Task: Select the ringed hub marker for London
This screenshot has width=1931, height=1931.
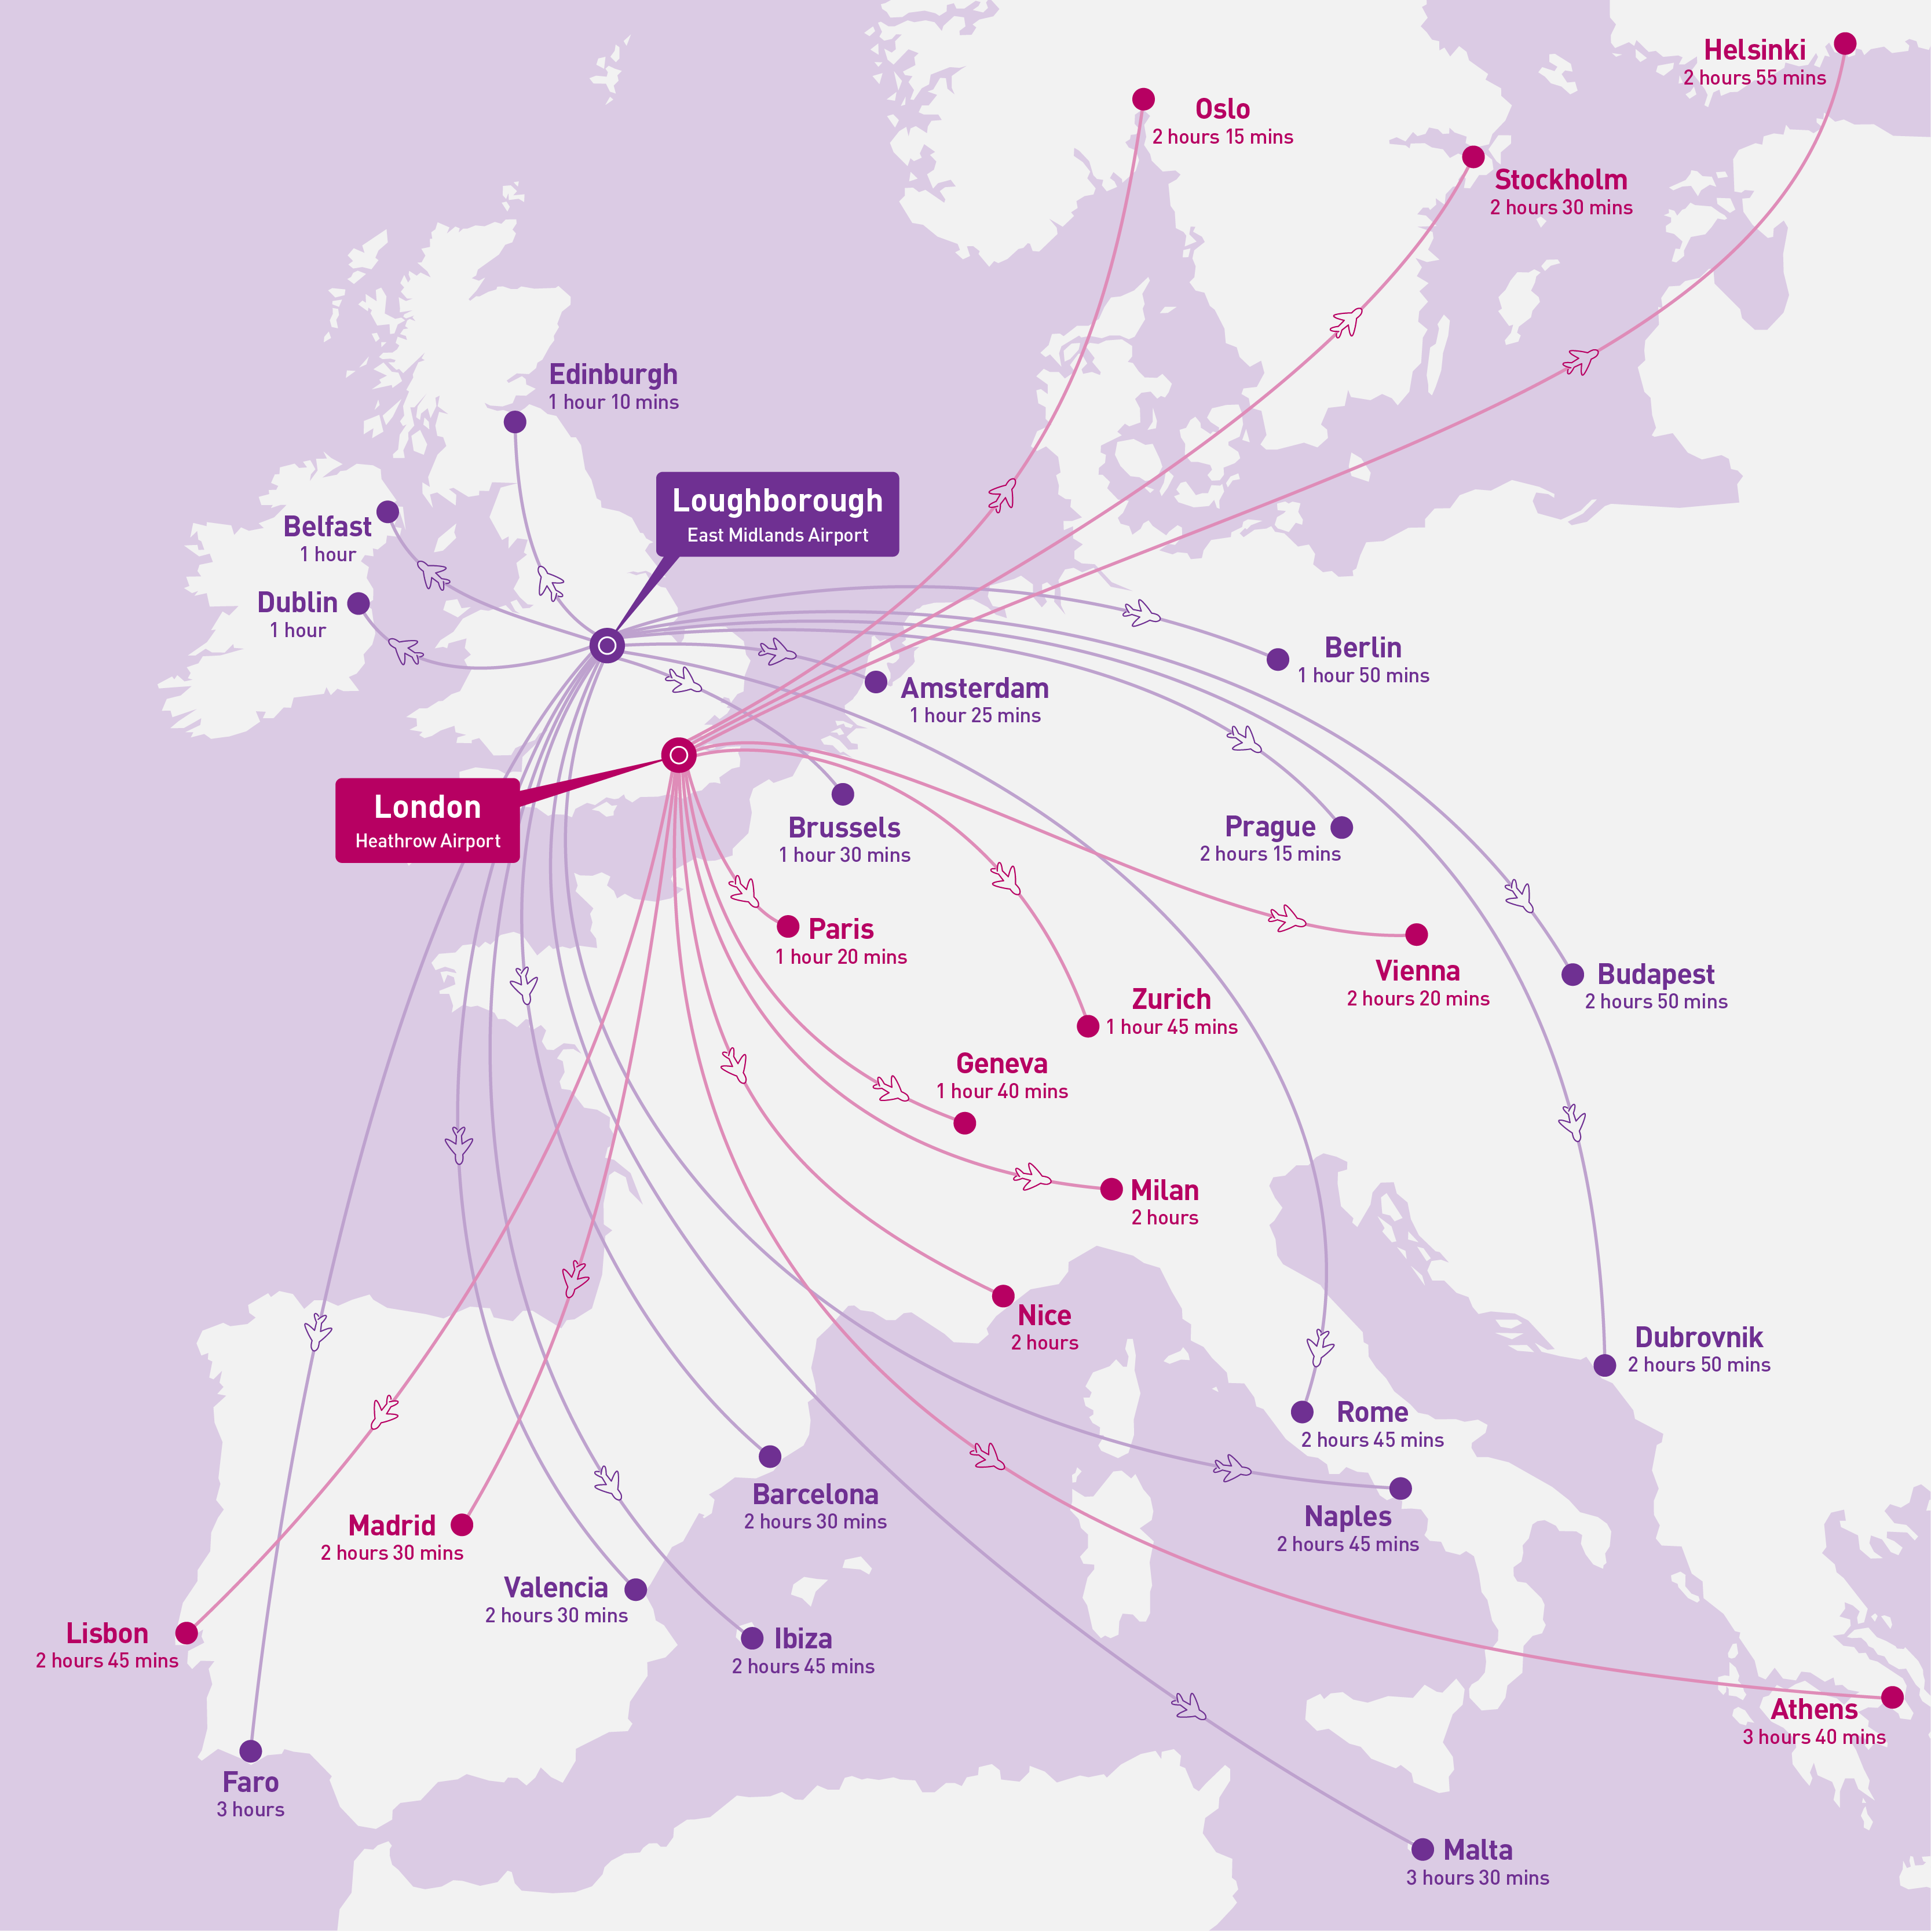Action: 679,755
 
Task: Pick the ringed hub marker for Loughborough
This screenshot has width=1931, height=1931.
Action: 606,646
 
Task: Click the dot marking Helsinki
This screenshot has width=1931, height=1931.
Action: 1845,43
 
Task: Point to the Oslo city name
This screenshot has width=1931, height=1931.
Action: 1221,109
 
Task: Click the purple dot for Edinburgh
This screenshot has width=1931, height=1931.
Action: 515,422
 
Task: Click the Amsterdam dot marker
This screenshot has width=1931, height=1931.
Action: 876,682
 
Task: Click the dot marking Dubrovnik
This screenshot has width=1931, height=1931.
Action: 1604,1365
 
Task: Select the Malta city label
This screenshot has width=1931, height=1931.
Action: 1477,1850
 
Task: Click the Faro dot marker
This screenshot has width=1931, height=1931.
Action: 251,1751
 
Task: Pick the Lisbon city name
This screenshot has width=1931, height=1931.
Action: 107,1633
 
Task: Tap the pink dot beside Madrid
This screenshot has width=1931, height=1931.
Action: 461,1524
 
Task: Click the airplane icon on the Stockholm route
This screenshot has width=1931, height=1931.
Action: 1346,323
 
